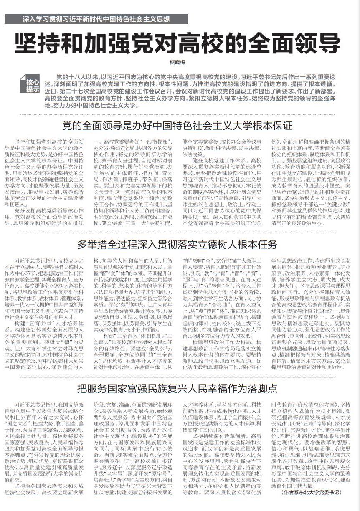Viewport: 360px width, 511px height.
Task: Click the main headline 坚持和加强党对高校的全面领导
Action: [x=177, y=43]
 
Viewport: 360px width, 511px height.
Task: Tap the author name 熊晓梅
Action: [x=177, y=63]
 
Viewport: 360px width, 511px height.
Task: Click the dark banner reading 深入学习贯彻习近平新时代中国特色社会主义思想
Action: [x=96, y=19]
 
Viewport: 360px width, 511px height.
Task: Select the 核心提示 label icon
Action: [x=33, y=85]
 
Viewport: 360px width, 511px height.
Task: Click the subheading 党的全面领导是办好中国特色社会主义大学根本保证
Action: [x=177, y=126]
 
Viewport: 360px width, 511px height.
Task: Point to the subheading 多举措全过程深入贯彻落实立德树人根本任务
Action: [x=177, y=244]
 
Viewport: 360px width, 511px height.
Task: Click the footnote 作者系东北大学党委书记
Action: [x=311, y=493]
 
